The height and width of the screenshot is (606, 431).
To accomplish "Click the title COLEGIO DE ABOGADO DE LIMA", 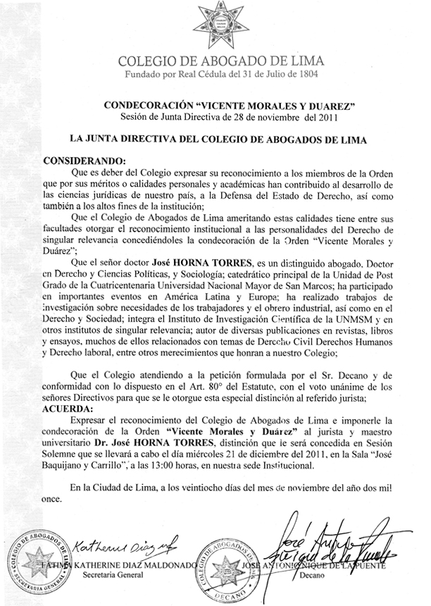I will (x=216, y=61).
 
